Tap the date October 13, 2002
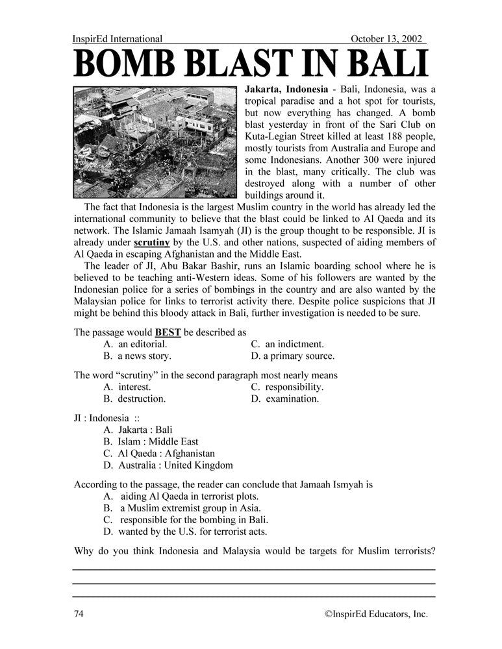pyautogui.click(x=387, y=40)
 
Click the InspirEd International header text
pyautogui.click(x=118, y=40)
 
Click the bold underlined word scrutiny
pyautogui.click(x=152, y=243)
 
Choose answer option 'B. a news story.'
pyautogui.click(x=137, y=356)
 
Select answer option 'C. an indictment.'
pyautogui.click(x=287, y=344)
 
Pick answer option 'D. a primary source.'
pyautogui.click(x=292, y=356)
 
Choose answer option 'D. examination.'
pyautogui.click(x=284, y=398)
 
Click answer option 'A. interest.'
pyautogui.click(x=127, y=387)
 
